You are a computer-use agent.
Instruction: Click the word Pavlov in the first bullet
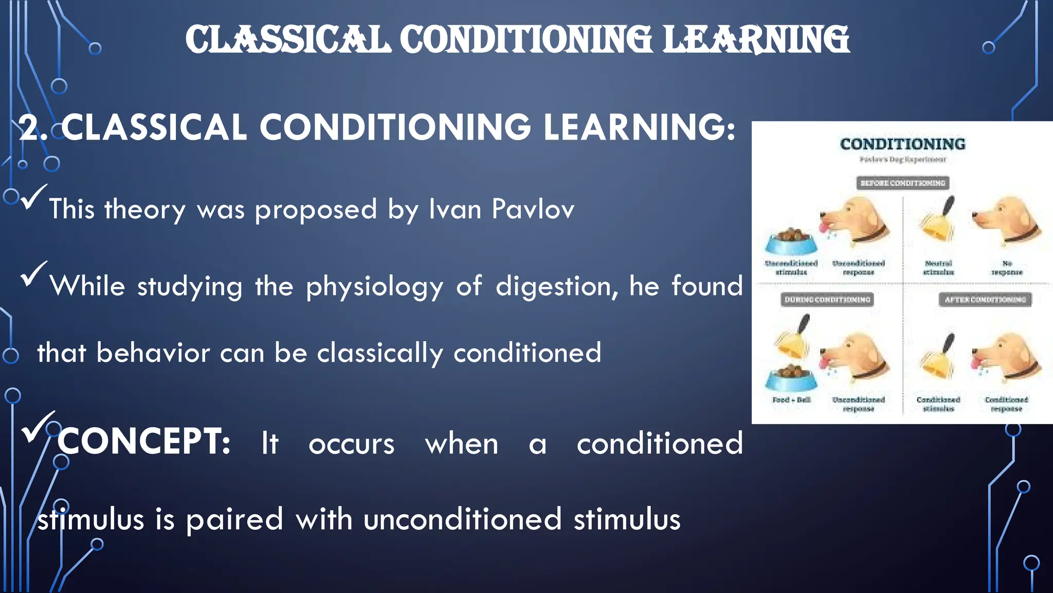point(533,210)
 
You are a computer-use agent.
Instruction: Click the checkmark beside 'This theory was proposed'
point(33,197)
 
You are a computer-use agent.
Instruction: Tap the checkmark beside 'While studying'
point(33,274)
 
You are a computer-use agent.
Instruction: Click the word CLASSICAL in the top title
point(287,40)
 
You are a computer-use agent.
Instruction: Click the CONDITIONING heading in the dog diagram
point(902,144)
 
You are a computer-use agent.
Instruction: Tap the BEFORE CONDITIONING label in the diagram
point(903,183)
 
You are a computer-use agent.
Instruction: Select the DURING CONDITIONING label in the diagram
point(827,300)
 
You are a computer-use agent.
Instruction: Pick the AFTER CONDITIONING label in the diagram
point(985,300)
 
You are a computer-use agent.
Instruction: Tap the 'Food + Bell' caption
point(791,400)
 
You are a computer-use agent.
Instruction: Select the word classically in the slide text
point(379,353)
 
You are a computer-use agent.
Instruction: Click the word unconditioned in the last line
point(462,519)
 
